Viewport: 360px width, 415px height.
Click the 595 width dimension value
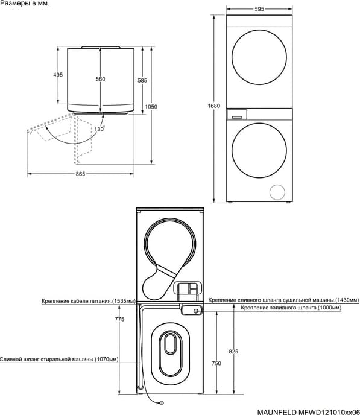point(259,9)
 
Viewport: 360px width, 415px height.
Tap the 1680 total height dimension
point(213,106)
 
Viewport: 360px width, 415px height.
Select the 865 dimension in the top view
point(80,174)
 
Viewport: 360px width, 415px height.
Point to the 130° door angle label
point(99,129)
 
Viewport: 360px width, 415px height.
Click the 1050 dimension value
point(151,107)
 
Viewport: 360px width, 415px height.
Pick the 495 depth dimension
point(58,75)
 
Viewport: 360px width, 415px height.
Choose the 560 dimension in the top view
point(100,79)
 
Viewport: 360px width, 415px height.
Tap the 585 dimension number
point(142,80)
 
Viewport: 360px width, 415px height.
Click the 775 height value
point(119,319)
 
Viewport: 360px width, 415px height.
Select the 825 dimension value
point(233,352)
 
